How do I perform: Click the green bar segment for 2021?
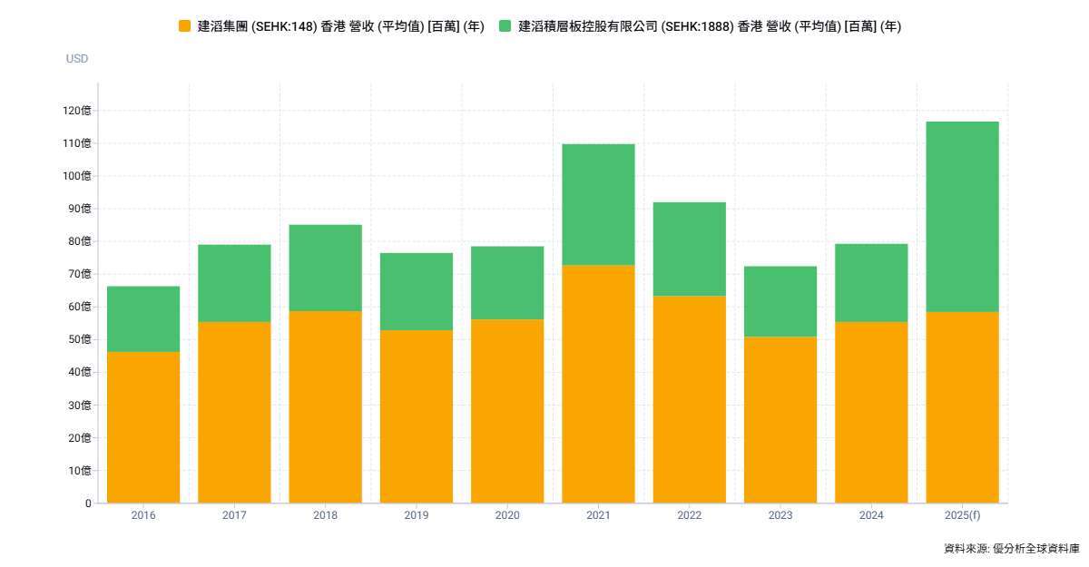(x=598, y=205)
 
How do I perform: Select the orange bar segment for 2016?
(x=143, y=426)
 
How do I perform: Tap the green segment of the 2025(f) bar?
(x=962, y=217)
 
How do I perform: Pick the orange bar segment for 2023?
(x=780, y=419)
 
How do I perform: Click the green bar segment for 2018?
(x=325, y=268)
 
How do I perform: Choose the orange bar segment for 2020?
(x=507, y=410)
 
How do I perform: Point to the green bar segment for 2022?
(x=690, y=249)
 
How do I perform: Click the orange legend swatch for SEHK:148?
(x=185, y=27)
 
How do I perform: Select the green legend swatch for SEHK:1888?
(x=505, y=27)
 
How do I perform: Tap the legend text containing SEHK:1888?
(x=709, y=27)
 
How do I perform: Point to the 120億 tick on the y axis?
(x=77, y=111)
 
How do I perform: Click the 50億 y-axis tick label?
(x=80, y=339)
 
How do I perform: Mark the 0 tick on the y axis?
(x=88, y=503)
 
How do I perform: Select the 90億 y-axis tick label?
(x=80, y=209)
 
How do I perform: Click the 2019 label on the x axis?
(x=417, y=515)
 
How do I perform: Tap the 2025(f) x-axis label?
(x=962, y=515)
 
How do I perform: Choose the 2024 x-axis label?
(x=871, y=515)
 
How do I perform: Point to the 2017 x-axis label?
(x=234, y=515)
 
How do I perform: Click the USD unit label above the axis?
(x=77, y=59)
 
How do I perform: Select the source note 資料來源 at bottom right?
(x=1011, y=548)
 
